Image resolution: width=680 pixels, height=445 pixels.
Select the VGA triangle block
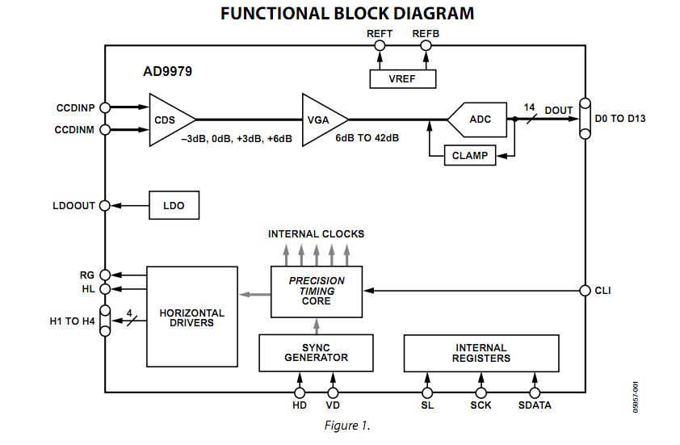(x=321, y=120)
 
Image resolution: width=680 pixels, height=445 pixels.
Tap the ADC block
(x=476, y=119)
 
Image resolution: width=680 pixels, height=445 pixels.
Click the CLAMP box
(x=469, y=155)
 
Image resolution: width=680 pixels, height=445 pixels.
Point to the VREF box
(x=402, y=78)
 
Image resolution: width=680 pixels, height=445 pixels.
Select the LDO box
(x=174, y=205)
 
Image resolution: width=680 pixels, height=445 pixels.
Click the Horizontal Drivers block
(x=191, y=317)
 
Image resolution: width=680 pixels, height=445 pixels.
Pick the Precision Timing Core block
(x=317, y=291)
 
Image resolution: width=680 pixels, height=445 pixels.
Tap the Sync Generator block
(x=317, y=352)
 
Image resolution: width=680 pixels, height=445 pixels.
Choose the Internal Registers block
(x=481, y=352)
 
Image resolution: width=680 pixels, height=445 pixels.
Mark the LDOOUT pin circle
(x=104, y=206)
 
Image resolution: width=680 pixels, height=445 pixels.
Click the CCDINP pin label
(x=76, y=107)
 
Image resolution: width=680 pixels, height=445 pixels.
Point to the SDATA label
(x=534, y=405)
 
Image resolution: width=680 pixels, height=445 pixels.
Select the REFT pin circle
(x=380, y=45)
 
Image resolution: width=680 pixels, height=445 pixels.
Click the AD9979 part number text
(x=167, y=71)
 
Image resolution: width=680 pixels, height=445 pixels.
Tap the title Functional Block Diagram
(x=347, y=14)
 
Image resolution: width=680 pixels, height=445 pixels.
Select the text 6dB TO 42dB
(x=367, y=138)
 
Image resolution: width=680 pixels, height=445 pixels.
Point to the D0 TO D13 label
(x=619, y=119)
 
